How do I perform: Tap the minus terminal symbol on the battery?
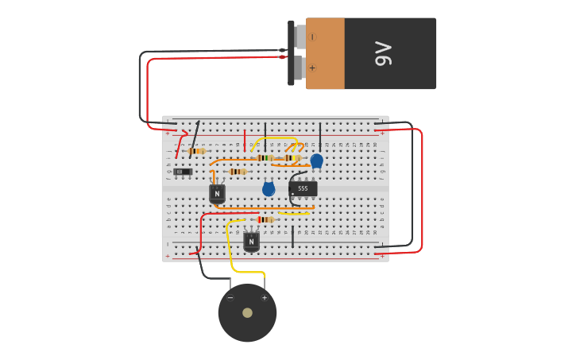coord(311,37)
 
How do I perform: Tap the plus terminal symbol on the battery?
coord(311,68)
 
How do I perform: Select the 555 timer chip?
coord(303,188)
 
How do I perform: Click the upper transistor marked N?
coord(217,193)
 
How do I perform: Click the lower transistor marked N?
coord(251,241)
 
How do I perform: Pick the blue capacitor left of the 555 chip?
coord(269,189)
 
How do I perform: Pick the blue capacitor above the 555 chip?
coord(316,161)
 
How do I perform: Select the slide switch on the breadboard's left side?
coord(183,172)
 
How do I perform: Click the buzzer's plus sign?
coord(265,298)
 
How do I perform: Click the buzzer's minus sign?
coord(230,298)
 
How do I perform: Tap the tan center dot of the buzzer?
coord(247,312)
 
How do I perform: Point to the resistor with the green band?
coord(265,158)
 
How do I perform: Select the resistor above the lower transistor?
coord(265,220)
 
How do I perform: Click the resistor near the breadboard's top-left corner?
coord(197,151)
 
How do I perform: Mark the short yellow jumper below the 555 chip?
coord(294,213)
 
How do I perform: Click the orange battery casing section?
coord(325,53)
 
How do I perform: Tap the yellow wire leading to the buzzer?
coord(231,254)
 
